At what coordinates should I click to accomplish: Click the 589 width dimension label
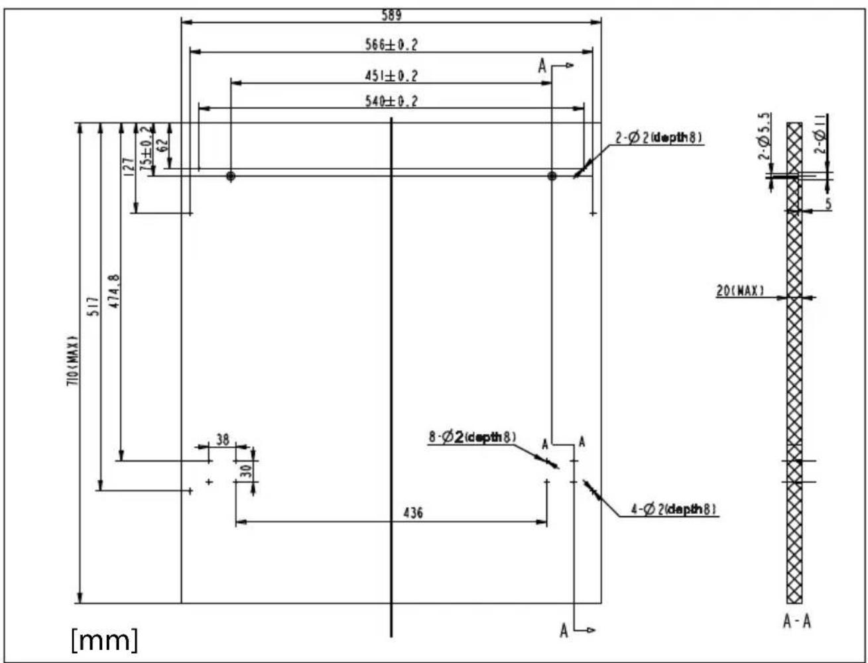(x=391, y=15)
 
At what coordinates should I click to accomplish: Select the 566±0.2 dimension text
(x=391, y=45)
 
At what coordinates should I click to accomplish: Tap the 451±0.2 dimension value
(x=391, y=76)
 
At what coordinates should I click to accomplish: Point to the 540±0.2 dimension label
(x=391, y=101)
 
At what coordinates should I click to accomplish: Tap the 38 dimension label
(x=222, y=439)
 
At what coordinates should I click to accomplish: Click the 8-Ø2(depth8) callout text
(x=472, y=437)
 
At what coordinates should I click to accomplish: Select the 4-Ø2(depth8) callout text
(x=674, y=509)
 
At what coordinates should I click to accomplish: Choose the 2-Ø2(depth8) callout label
(x=658, y=138)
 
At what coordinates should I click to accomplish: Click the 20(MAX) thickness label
(x=740, y=290)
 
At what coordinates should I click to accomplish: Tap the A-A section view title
(x=796, y=621)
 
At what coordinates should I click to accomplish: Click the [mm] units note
(x=105, y=640)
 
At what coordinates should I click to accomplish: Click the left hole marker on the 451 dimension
(x=231, y=176)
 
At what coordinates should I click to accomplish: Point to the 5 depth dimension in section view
(x=828, y=205)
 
